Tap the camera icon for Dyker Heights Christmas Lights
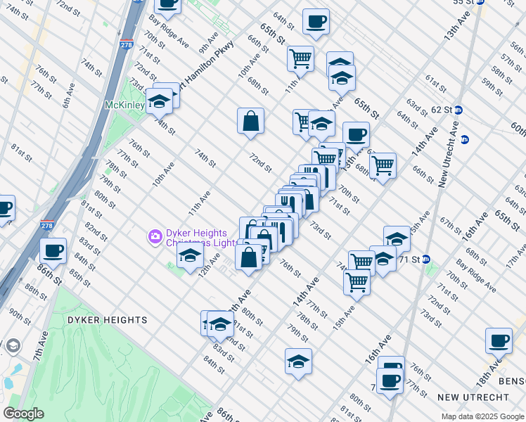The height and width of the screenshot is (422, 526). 155,236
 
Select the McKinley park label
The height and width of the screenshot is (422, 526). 124,105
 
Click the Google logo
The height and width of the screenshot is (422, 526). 23,414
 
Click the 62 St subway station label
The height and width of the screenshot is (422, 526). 441,110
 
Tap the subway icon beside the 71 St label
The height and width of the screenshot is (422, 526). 426,260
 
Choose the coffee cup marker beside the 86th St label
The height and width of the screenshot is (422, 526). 53,250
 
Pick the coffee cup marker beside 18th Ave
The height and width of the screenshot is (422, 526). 499,340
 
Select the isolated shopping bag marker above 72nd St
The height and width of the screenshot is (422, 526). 250,122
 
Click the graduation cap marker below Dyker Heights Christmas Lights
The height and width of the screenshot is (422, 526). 189,258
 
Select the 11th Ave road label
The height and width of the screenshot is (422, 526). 199,202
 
